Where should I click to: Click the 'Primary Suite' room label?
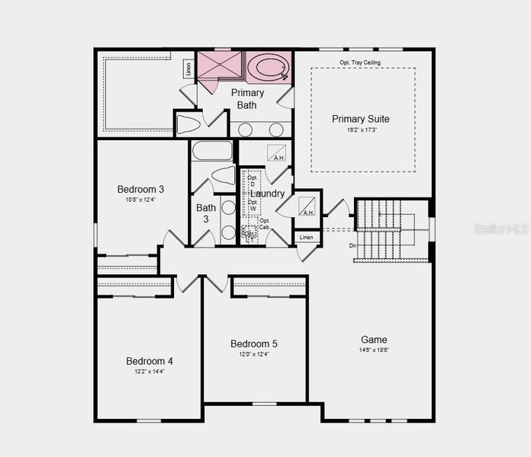[361, 119]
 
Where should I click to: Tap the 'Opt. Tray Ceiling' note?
[360, 62]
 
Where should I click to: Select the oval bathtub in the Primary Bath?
[270, 67]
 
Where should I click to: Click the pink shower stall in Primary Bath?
[220, 65]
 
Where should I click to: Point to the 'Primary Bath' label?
[246, 98]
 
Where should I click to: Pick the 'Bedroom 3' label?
[140, 189]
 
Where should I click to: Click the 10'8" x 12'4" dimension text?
[140, 200]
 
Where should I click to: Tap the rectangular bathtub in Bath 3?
[211, 150]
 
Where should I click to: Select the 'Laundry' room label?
[267, 193]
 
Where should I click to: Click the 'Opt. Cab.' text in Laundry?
[265, 224]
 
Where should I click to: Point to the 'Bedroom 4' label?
[150, 360]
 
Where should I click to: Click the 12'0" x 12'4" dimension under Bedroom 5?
[255, 354]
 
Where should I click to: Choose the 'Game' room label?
[374, 340]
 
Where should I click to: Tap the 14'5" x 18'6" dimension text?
[374, 350]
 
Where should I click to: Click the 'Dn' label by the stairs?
[352, 245]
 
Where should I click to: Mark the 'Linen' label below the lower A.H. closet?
[306, 238]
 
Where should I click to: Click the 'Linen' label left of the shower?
[188, 68]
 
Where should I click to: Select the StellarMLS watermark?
[500, 228]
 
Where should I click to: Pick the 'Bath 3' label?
[206, 213]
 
